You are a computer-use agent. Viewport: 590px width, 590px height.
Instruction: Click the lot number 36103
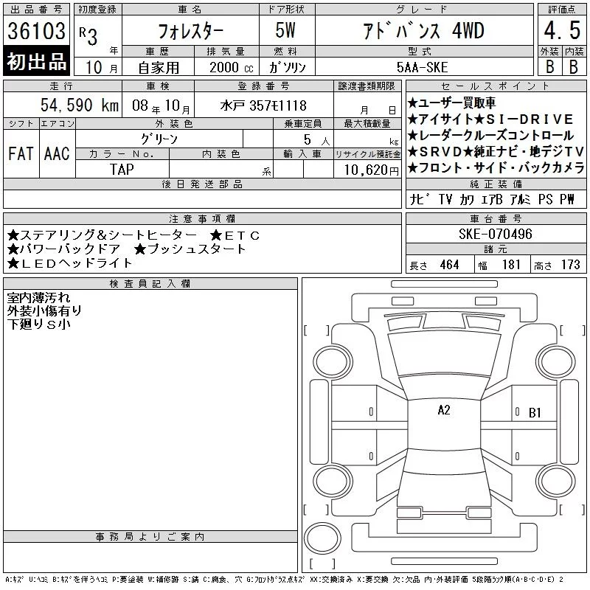36,30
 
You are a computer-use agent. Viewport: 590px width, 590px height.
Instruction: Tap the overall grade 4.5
562,30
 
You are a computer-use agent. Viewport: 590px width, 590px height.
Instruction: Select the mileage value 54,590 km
80,105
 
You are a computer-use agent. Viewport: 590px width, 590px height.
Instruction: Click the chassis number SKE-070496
495,234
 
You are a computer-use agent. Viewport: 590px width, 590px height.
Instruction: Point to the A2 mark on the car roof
444,410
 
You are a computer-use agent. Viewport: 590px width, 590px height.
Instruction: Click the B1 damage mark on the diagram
535,413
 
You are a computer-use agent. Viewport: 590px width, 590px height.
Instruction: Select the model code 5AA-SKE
422,67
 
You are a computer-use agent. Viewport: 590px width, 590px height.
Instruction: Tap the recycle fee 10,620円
371,170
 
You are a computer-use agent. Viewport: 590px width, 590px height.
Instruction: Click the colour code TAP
122,170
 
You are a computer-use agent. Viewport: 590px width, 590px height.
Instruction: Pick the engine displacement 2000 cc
231,67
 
